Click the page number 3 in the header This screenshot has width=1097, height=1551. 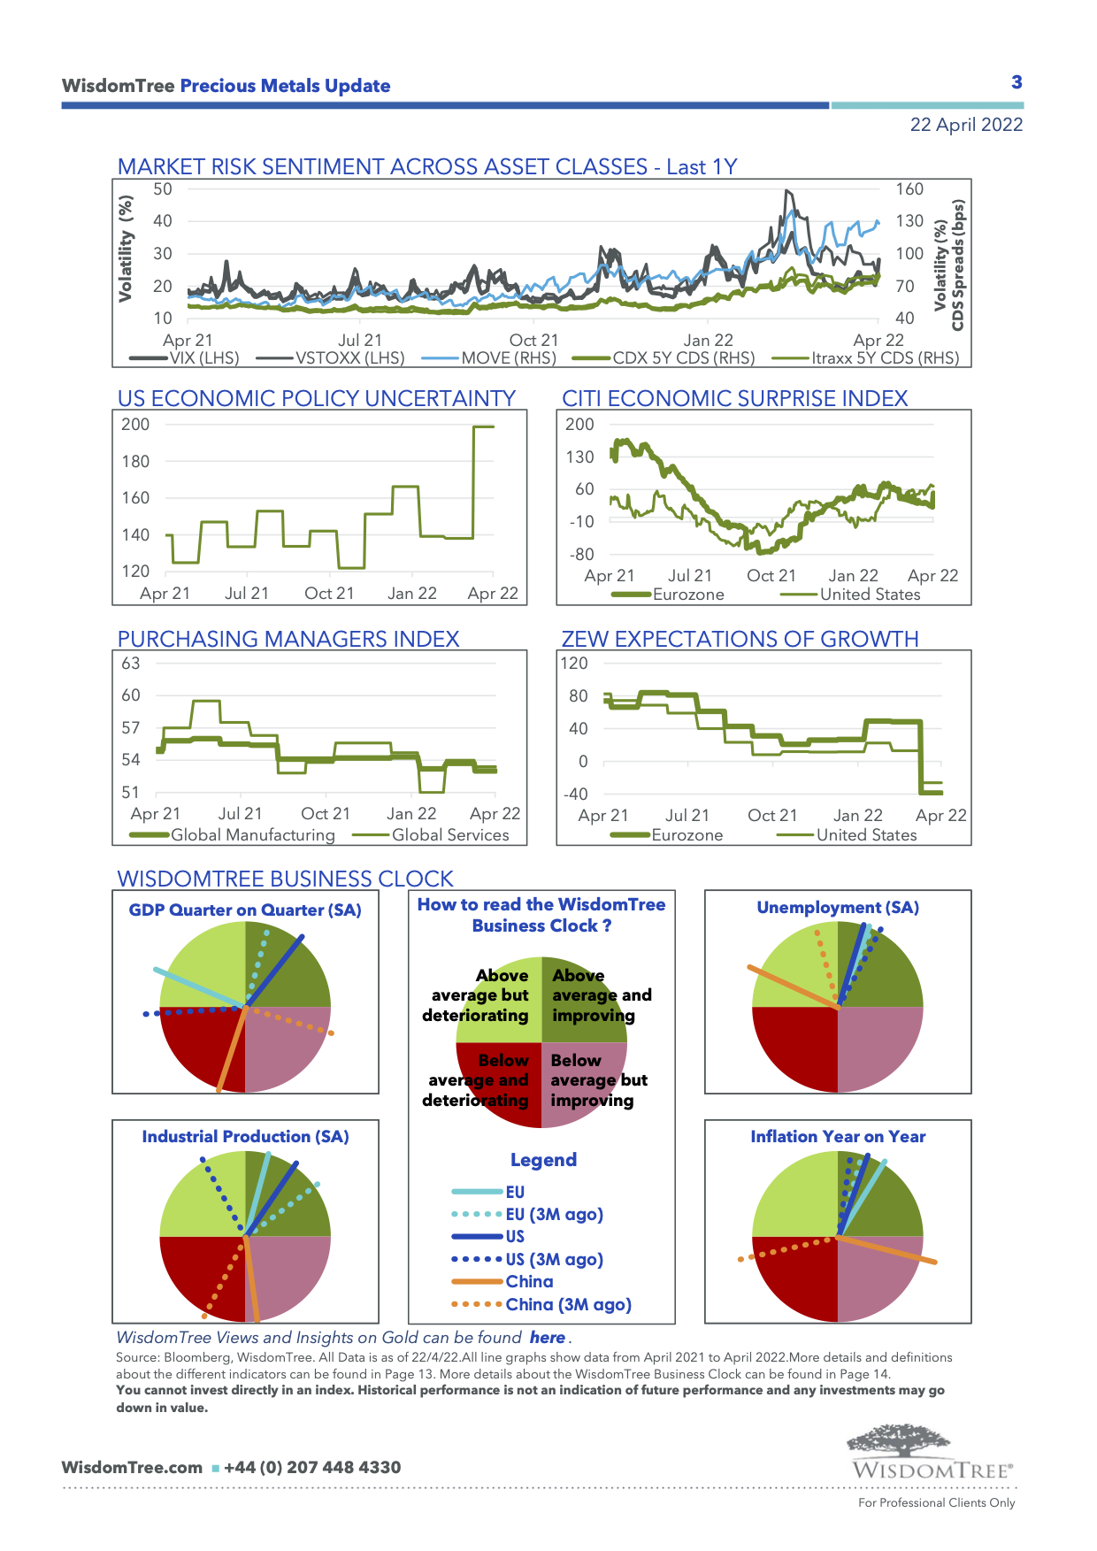pos(1016,82)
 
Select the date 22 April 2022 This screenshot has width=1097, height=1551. pos(966,125)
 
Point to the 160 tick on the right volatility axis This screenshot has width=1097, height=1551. pos(909,189)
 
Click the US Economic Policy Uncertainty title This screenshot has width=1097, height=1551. pos(316,398)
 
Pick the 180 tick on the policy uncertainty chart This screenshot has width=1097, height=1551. pos(135,461)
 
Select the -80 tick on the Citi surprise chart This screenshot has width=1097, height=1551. pos(581,555)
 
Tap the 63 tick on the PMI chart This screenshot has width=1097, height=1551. pos(131,664)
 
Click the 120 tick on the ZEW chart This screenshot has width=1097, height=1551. pos(574,664)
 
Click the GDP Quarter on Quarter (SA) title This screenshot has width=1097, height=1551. pos(245,910)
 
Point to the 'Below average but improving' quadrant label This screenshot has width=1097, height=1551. pos(598,1080)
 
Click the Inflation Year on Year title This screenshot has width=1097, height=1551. pos(838,1137)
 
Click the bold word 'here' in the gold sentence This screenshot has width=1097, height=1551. pos(547,1338)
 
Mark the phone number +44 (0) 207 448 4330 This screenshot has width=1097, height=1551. pos(312,1467)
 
